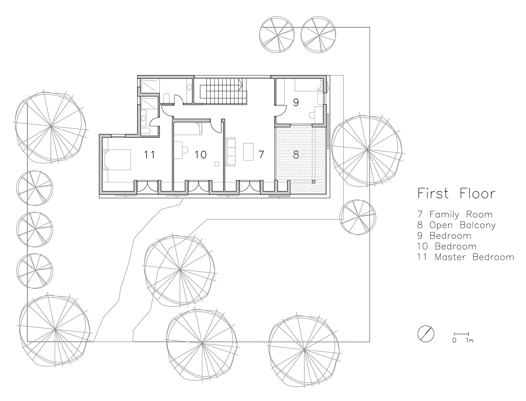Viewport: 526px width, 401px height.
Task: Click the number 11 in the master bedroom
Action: click(x=149, y=155)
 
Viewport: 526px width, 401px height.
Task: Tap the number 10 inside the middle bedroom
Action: click(x=201, y=155)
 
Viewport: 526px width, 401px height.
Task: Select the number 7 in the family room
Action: click(x=261, y=155)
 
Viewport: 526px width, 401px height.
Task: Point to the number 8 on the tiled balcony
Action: click(x=296, y=155)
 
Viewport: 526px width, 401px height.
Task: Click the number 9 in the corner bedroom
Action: click(x=296, y=103)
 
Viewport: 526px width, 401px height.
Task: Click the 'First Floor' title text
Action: click(x=456, y=193)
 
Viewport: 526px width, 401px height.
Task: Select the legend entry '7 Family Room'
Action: click(x=455, y=214)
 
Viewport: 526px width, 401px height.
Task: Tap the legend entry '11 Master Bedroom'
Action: click(x=466, y=257)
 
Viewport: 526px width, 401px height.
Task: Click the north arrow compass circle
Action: click(x=426, y=333)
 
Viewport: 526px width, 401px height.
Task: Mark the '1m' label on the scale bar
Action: click(x=469, y=340)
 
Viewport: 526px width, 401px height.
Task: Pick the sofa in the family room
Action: click(x=231, y=151)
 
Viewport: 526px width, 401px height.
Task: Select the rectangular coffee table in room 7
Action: click(x=248, y=151)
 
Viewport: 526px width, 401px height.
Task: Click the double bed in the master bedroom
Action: click(x=117, y=159)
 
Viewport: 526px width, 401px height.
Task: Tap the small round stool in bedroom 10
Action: click(x=217, y=164)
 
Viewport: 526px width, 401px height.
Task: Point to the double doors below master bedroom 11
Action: click(x=147, y=186)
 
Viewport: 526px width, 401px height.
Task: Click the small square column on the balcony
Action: click(x=313, y=182)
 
